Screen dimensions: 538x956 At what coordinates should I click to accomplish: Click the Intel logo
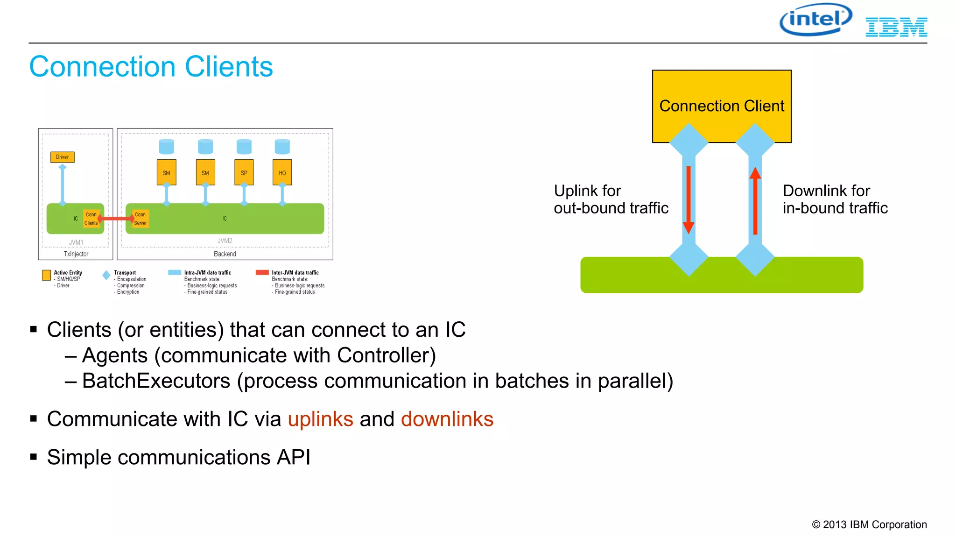815,20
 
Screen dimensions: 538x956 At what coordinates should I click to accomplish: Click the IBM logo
896,27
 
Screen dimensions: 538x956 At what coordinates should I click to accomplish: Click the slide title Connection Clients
151,66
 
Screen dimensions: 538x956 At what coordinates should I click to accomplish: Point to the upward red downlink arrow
755,201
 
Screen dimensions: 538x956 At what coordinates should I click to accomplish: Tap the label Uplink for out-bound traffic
611,199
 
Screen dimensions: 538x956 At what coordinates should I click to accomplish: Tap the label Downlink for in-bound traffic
835,199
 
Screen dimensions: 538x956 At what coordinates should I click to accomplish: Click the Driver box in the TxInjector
62,157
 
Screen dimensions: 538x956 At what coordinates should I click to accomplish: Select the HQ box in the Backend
282,172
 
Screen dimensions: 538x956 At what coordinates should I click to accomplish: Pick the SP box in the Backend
244,172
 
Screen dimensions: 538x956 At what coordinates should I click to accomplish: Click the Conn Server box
140,219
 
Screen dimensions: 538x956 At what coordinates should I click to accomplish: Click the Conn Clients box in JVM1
91,219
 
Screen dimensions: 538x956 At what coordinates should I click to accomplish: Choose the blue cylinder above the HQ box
282,147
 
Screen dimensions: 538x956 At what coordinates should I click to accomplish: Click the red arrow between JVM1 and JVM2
115,219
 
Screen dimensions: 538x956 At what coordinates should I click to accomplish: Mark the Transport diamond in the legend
106,275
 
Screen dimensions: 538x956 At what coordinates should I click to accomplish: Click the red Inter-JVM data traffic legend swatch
262,272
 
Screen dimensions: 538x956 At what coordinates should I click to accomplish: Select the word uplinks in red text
320,419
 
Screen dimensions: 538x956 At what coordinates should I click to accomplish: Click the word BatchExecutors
156,381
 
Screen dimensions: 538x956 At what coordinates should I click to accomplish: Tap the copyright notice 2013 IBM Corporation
869,524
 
